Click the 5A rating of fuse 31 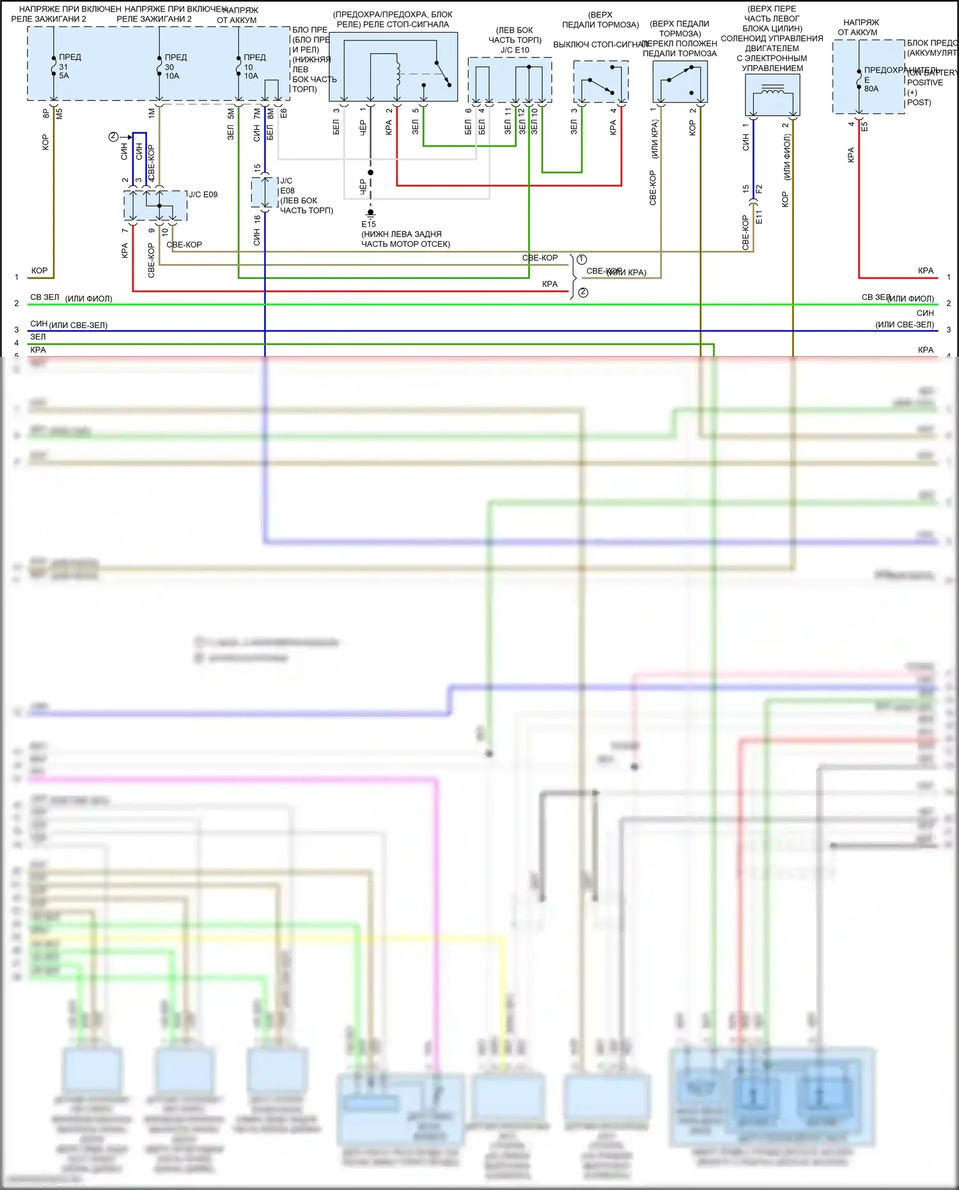[64, 76]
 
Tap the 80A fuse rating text [871, 89]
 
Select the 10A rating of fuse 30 [172, 76]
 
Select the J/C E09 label [203, 194]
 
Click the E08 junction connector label [287, 191]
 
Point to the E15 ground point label [368, 224]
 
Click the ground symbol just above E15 [370, 212]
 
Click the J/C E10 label [515, 50]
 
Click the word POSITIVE [924, 82]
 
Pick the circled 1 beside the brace [582, 260]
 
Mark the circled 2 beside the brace [583, 292]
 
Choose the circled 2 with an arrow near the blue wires [113, 136]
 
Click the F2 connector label [759, 189]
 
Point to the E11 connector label [759, 217]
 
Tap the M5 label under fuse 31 [59, 113]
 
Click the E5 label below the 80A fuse [864, 127]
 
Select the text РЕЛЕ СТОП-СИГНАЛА [393, 24]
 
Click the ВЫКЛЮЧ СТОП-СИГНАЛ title [600, 44]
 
